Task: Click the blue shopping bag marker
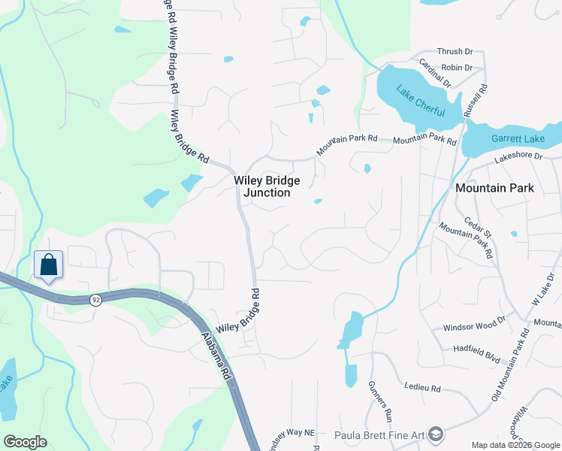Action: coord(48,266)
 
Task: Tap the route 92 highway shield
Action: coord(95,300)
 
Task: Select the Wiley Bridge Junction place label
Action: coord(267,186)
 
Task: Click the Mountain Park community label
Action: coord(494,188)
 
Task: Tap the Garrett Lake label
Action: coord(518,139)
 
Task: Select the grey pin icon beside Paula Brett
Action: coord(438,434)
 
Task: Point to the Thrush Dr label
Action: coord(455,52)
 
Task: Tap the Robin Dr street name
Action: coord(457,68)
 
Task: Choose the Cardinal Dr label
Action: coord(435,74)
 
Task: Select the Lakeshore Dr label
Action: coord(518,156)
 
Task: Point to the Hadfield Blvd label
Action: coord(476,350)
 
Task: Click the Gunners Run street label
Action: coord(380,400)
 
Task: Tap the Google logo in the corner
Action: coord(25,442)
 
